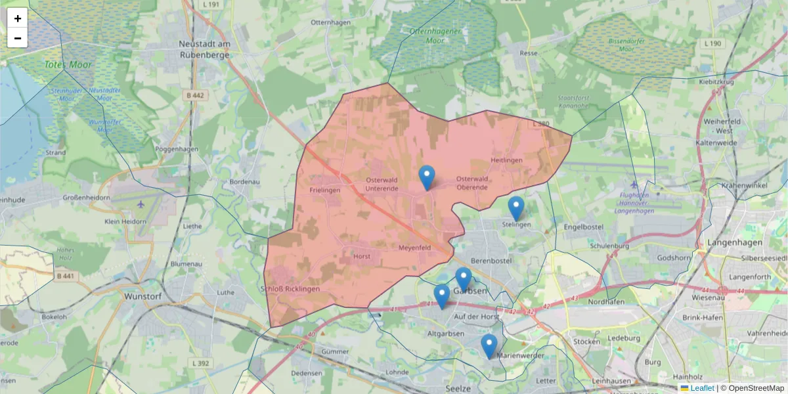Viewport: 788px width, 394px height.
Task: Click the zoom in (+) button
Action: pyautogui.click(x=18, y=18)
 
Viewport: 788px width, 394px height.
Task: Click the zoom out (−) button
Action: pyautogui.click(x=18, y=38)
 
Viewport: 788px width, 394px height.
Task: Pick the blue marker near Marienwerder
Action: pyautogui.click(x=489, y=346)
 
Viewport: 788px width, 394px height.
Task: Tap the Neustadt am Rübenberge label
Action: pyautogui.click(x=204, y=49)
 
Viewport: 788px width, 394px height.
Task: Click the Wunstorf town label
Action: pyautogui.click(x=143, y=296)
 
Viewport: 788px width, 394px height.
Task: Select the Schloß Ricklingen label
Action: pyautogui.click(x=290, y=289)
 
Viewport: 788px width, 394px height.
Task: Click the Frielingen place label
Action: pyautogui.click(x=324, y=190)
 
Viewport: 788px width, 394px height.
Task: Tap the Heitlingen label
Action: pyautogui.click(x=506, y=161)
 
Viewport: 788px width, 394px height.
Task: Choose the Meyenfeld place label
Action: pyautogui.click(x=414, y=248)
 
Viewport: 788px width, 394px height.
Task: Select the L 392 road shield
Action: pyautogui.click(x=202, y=362)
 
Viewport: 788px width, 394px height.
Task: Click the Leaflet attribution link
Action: pyautogui.click(x=702, y=388)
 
